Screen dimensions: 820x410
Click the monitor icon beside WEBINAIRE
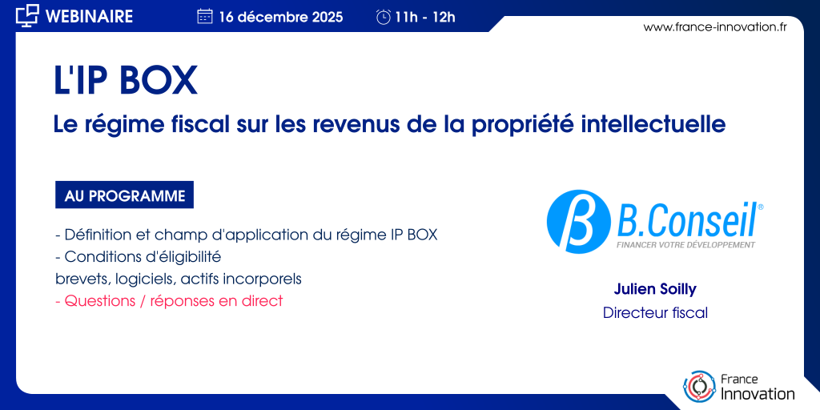coord(28,15)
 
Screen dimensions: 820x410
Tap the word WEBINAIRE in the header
coord(90,16)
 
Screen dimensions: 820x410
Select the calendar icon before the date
coord(205,17)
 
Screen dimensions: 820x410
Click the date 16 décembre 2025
coord(281,18)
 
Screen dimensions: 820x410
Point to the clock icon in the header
coord(384,18)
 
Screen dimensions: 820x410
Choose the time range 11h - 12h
coord(425,18)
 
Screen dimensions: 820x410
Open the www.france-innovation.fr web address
coord(715,27)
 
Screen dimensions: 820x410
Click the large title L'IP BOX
coord(126,81)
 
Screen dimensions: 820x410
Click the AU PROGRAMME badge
coord(124,195)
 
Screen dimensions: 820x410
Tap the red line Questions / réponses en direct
coord(169,302)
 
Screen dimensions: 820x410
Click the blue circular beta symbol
coord(578,222)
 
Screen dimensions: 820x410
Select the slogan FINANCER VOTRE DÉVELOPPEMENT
coord(686,245)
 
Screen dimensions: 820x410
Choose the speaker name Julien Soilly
coord(655,289)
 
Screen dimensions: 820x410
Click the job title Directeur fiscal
coord(655,313)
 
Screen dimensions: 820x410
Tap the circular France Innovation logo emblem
coord(700,386)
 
